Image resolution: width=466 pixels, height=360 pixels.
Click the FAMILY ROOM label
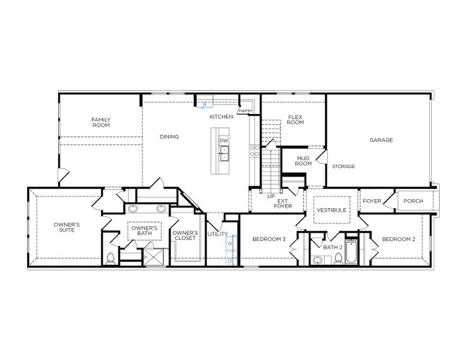(101, 122)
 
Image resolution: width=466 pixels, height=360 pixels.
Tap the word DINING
(169, 137)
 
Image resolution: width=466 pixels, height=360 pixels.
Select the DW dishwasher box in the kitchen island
(223, 140)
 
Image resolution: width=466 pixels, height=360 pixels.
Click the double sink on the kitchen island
(223, 154)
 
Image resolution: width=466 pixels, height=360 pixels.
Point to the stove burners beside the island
(255, 151)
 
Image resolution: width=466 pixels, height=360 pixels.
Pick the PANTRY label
(245, 111)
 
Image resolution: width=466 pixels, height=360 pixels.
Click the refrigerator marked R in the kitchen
(205, 104)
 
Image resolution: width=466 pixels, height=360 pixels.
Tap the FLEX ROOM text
(295, 119)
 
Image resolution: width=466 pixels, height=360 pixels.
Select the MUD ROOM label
(303, 161)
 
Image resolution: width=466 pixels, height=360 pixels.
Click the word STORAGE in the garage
(343, 166)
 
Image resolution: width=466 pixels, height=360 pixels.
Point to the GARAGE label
(381, 140)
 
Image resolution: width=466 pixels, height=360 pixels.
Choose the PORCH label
(413, 201)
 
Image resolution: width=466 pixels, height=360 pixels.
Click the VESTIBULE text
(331, 211)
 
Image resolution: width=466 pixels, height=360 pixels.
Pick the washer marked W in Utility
(229, 244)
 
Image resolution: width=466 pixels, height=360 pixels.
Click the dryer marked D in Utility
(229, 260)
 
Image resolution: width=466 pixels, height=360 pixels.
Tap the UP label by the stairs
(271, 196)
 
